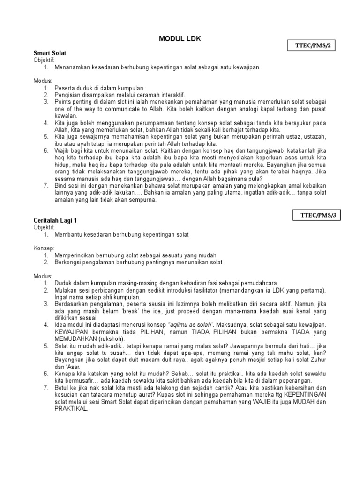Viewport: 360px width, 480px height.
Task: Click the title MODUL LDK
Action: (180, 39)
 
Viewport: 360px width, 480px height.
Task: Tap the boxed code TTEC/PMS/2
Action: (312, 46)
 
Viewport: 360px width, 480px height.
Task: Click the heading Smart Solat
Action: (50, 53)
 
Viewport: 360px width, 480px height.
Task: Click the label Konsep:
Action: (45, 248)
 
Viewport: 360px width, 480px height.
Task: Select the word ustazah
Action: (312, 136)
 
